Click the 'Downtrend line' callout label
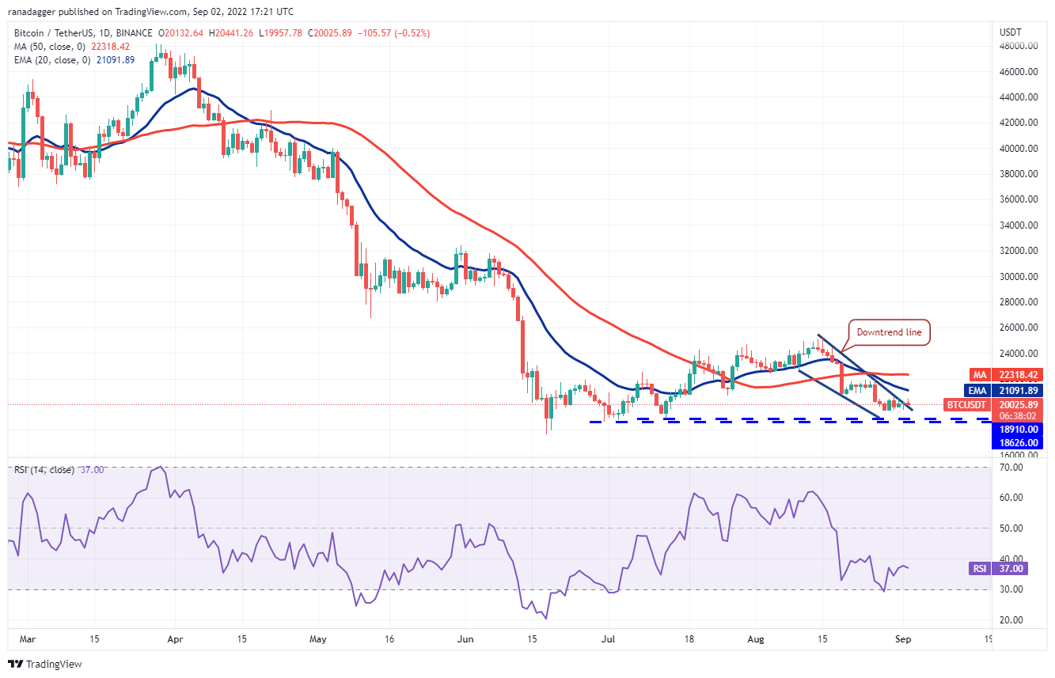pos(890,332)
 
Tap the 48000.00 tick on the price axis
pos(1018,46)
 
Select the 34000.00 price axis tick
pos(1018,225)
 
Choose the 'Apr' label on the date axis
pos(176,638)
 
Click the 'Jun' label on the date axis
pos(465,638)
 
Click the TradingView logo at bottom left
pos(45,664)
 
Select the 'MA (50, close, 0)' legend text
pos(49,47)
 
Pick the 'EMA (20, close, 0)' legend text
pos(52,60)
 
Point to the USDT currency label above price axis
pos(1011,32)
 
